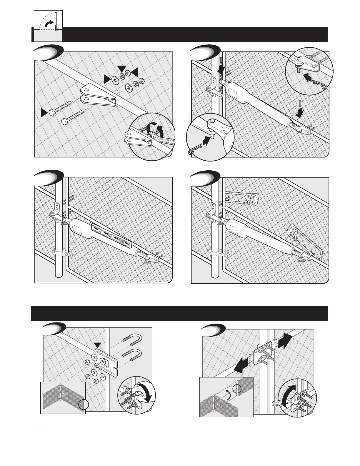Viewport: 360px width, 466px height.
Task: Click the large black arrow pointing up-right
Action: (x=285, y=340)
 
